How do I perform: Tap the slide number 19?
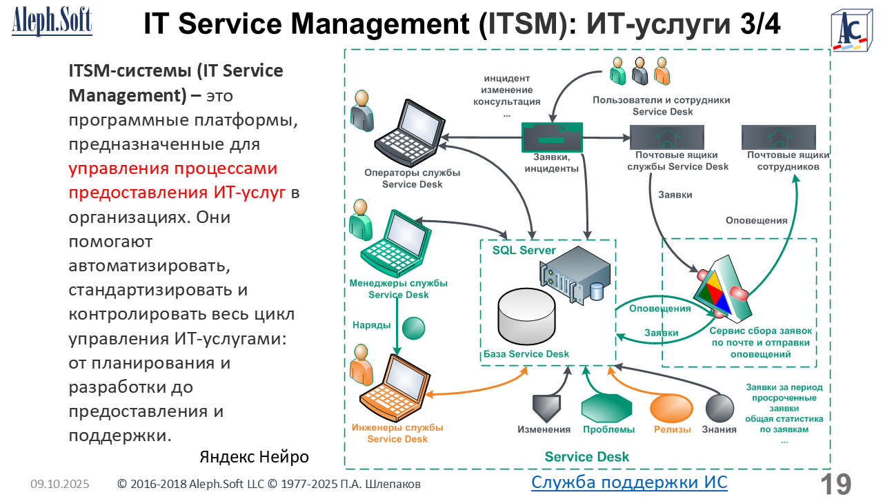pyautogui.click(x=835, y=484)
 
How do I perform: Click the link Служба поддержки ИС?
pyautogui.click(x=629, y=482)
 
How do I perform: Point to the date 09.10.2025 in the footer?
pyautogui.click(x=59, y=485)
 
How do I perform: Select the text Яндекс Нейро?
pyautogui.click(x=254, y=457)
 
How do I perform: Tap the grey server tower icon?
pyautogui.click(x=577, y=275)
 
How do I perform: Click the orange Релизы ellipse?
pyautogui.click(x=672, y=408)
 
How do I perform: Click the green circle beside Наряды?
pyautogui.click(x=413, y=328)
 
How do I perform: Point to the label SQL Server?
pyautogui.click(x=524, y=251)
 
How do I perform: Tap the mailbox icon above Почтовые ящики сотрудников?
pyautogui.click(x=779, y=137)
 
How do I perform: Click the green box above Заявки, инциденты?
pyautogui.click(x=552, y=137)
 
